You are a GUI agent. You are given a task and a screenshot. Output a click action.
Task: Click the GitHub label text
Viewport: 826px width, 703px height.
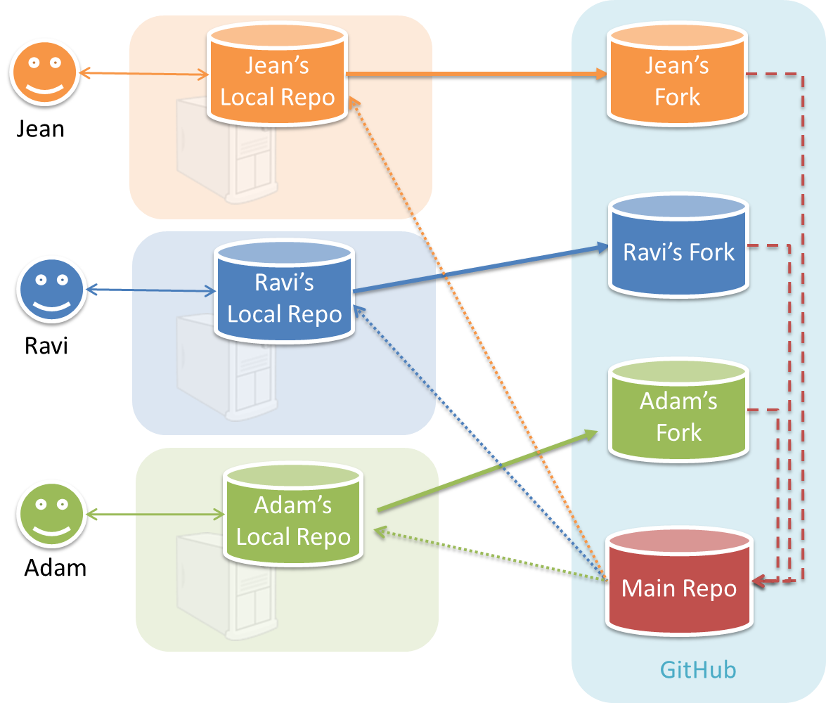point(697,669)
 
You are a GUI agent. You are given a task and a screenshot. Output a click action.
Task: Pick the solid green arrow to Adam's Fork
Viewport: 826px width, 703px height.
point(485,472)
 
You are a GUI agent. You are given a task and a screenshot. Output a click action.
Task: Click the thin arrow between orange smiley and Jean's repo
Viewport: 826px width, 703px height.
point(145,73)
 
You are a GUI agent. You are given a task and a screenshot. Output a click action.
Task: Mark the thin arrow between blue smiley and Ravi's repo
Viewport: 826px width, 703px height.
point(150,290)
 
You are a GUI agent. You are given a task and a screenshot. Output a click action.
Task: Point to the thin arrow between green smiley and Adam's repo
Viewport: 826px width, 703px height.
point(155,516)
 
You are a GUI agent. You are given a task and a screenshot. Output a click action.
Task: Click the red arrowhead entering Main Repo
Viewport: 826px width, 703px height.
point(760,581)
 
